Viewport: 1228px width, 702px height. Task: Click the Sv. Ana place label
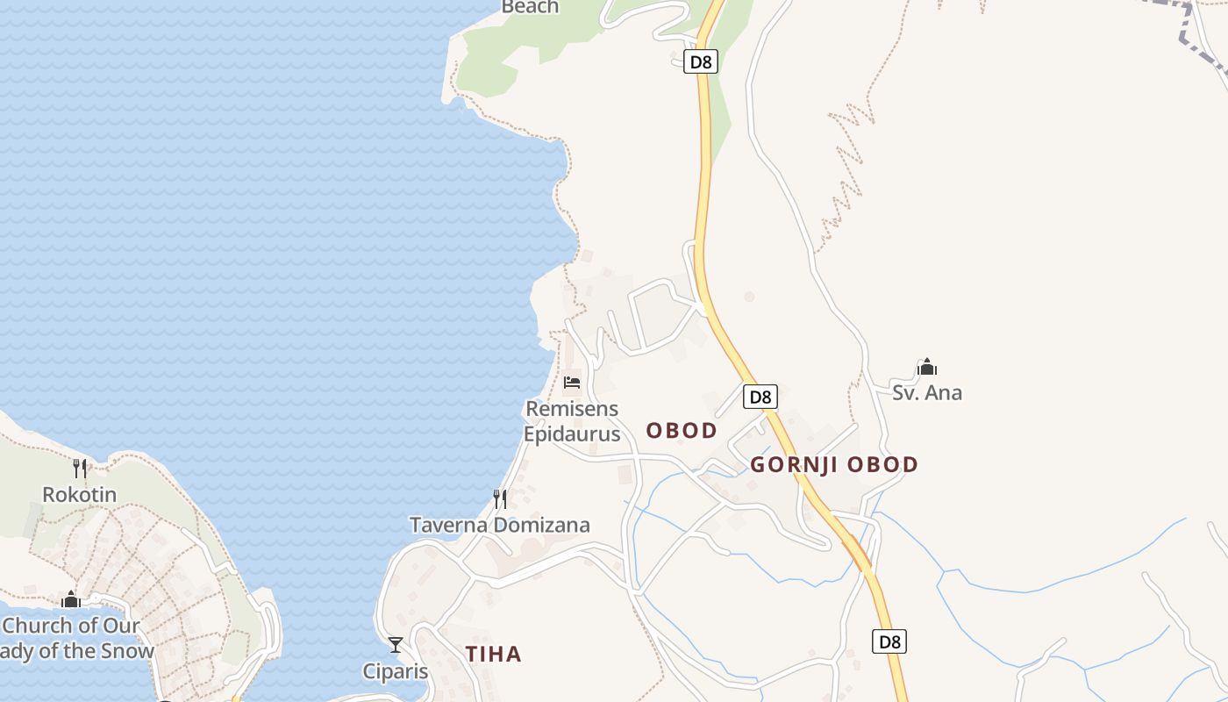click(x=927, y=392)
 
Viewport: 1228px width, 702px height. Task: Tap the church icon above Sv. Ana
click(x=927, y=367)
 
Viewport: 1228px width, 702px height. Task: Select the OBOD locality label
click(x=682, y=430)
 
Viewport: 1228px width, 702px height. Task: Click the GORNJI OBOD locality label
click(x=833, y=464)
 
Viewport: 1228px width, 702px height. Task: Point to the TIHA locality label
click(x=493, y=654)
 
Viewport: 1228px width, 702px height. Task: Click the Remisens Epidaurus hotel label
click(x=572, y=421)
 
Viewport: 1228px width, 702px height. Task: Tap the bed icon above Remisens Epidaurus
click(x=572, y=383)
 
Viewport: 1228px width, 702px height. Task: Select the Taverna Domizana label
click(x=500, y=525)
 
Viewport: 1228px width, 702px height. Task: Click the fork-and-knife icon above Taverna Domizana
click(x=500, y=498)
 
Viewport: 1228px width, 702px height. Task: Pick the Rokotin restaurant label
click(x=79, y=494)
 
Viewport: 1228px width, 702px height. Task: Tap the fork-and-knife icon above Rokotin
click(x=79, y=468)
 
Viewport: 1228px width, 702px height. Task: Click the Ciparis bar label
click(x=396, y=671)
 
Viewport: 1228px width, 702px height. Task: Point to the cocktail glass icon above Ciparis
click(x=396, y=645)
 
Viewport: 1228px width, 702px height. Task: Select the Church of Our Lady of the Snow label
click(x=75, y=638)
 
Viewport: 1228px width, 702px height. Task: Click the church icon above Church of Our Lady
click(x=71, y=599)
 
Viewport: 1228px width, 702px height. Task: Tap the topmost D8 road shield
click(x=701, y=61)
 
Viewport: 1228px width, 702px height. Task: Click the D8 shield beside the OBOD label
click(x=760, y=397)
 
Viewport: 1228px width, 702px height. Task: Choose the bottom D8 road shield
click(x=889, y=641)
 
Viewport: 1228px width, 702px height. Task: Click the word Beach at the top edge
click(x=530, y=7)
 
